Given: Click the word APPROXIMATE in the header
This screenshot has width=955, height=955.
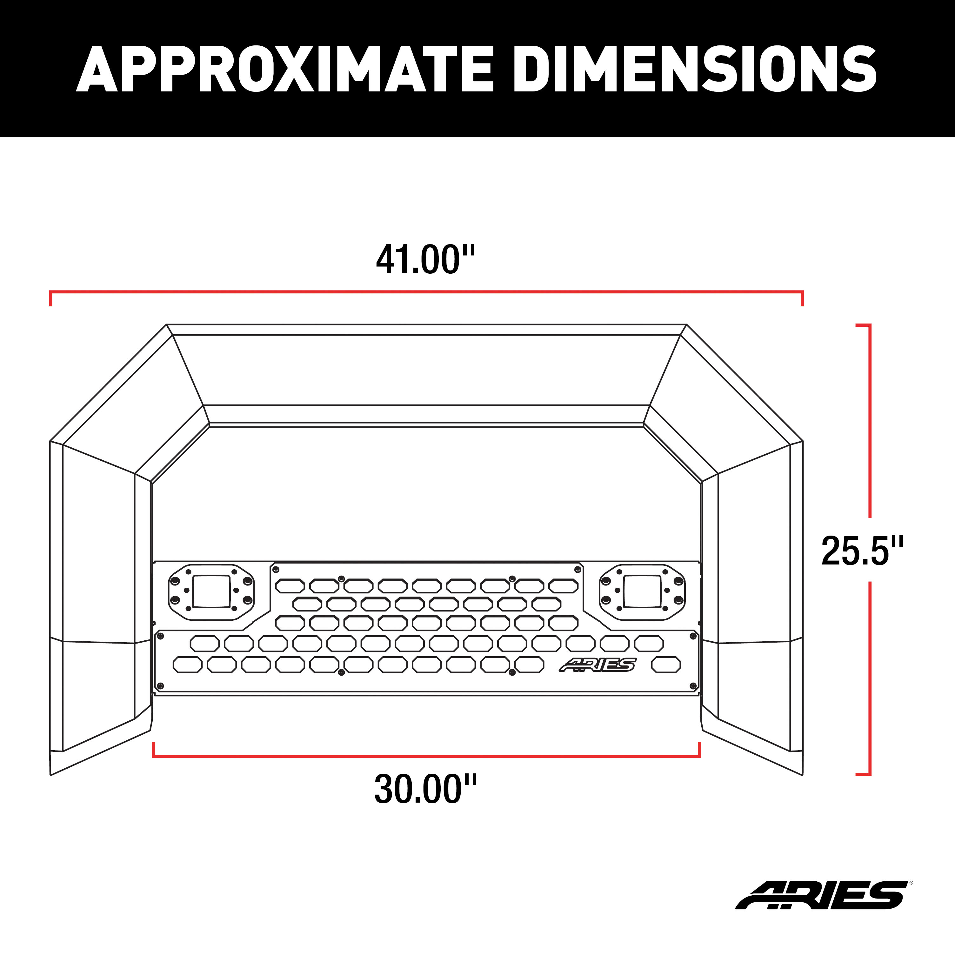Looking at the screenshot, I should [284, 69].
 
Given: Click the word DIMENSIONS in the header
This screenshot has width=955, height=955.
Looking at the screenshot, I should [694, 69].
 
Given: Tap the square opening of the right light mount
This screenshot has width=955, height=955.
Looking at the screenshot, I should [642, 591].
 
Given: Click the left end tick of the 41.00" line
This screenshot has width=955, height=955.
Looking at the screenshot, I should [50, 298].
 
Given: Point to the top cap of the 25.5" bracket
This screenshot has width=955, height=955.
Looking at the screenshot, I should [863, 325].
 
